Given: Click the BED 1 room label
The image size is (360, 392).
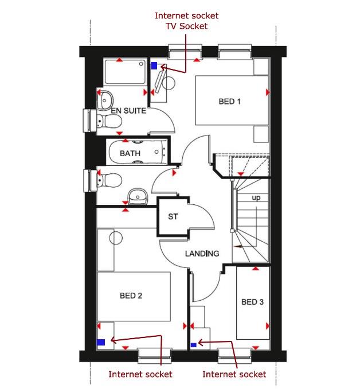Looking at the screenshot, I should tap(229, 102).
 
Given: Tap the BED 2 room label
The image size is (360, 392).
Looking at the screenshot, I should tap(131, 296).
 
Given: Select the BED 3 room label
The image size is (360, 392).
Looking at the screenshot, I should tap(252, 302).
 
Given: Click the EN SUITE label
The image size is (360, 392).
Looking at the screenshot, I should tap(128, 111).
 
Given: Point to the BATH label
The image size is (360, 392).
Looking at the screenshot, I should tap(130, 154).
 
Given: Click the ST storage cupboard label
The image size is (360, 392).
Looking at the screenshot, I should tap(173, 217).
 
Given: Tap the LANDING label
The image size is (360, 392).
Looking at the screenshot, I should tap(202, 254).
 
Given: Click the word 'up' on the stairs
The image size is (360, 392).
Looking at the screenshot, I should tap(256, 198).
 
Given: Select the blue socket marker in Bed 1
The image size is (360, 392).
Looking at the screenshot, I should tap(154, 66).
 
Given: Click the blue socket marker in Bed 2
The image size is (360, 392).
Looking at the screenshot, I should tap(101, 342).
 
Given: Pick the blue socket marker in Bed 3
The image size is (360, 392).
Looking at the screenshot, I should tap(193, 345).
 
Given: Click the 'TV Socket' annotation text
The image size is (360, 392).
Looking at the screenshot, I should tap(182, 26).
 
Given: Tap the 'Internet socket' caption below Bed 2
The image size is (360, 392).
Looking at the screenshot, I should tap(140, 374).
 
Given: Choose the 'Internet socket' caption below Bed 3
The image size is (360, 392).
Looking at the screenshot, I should tap(234, 374).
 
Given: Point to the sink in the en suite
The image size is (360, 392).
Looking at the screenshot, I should tap(104, 99).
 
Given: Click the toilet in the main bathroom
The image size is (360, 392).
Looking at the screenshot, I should tap(108, 180).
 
